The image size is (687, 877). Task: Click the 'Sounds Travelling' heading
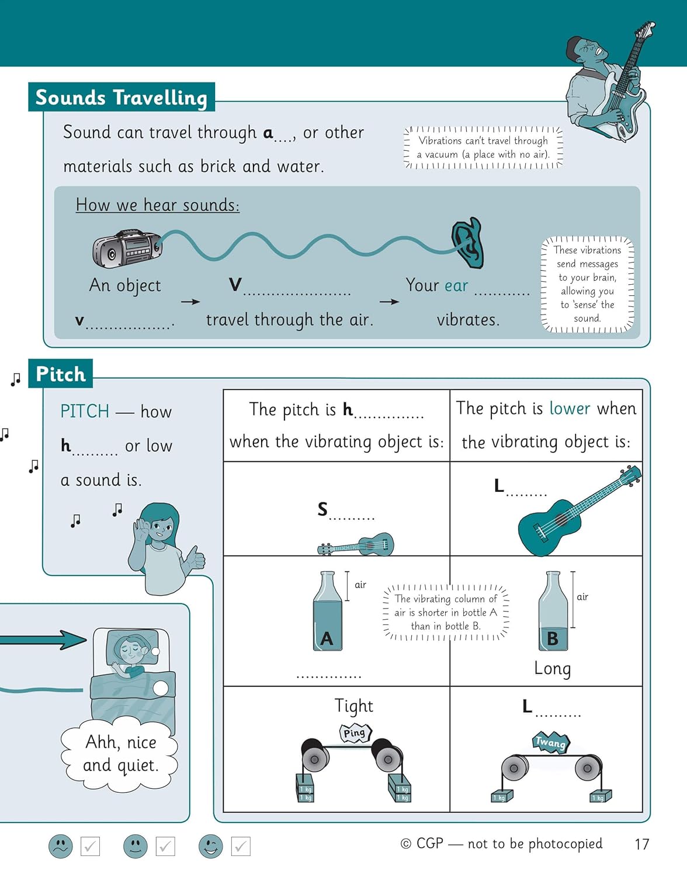click(x=121, y=97)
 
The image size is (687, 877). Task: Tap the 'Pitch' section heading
click(x=60, y=374)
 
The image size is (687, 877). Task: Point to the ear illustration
click(x=468, y=243)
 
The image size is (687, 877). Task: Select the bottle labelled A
click(x=327, y=612)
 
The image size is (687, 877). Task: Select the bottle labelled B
click(x=553, y=612)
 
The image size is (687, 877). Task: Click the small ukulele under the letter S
click(x=356, y=545)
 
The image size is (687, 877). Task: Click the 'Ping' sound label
click(x=355, y=733)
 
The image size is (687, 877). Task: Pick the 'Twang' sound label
click(x=550, y=743)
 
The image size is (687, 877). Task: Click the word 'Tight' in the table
click(x=353, y=706)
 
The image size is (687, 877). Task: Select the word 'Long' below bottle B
click(x=552, y=668)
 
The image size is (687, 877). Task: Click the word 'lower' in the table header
click(x=570, y=408)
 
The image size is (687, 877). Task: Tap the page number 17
click(x=641, y=844)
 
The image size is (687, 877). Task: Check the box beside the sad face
click(x=90, y=846)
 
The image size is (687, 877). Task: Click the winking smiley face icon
click(x=210, y=846)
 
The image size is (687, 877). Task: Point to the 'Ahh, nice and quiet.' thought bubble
click(x=120, y=754)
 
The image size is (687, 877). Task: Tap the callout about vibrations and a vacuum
click(x=483, y=147)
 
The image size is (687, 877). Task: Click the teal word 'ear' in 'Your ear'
click(x=456, y=285)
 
